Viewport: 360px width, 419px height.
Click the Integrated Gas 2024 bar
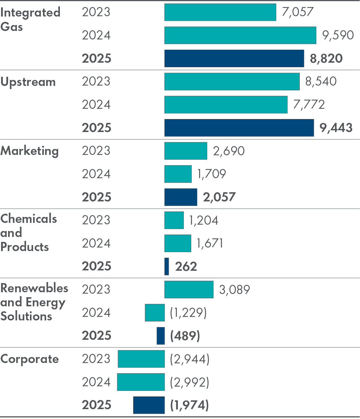point(240,35)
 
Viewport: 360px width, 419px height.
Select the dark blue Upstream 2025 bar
point(239,127)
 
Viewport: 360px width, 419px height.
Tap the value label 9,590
point(338,35)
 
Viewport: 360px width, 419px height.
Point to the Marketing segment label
point(30,151)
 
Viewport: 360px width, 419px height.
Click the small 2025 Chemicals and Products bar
point(167,266)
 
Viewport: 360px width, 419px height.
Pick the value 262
point(186,267)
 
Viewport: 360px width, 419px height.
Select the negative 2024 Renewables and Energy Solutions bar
point(155,313)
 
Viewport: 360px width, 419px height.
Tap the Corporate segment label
point(30,359)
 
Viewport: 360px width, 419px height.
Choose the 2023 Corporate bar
point(141,359)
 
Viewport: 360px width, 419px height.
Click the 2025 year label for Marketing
point(97,197)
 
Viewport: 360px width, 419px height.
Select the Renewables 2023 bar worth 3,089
point(189,289)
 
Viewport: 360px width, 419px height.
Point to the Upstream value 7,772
point(309,105)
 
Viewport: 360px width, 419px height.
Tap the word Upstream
point(28,82)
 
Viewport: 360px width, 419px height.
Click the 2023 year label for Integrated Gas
point(96,12)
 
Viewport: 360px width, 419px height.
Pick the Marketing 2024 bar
point(178,174)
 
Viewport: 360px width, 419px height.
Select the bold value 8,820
point(326,58)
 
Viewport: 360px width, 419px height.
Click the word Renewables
point(34,288)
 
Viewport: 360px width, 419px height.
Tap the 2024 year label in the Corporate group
point(96,382)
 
